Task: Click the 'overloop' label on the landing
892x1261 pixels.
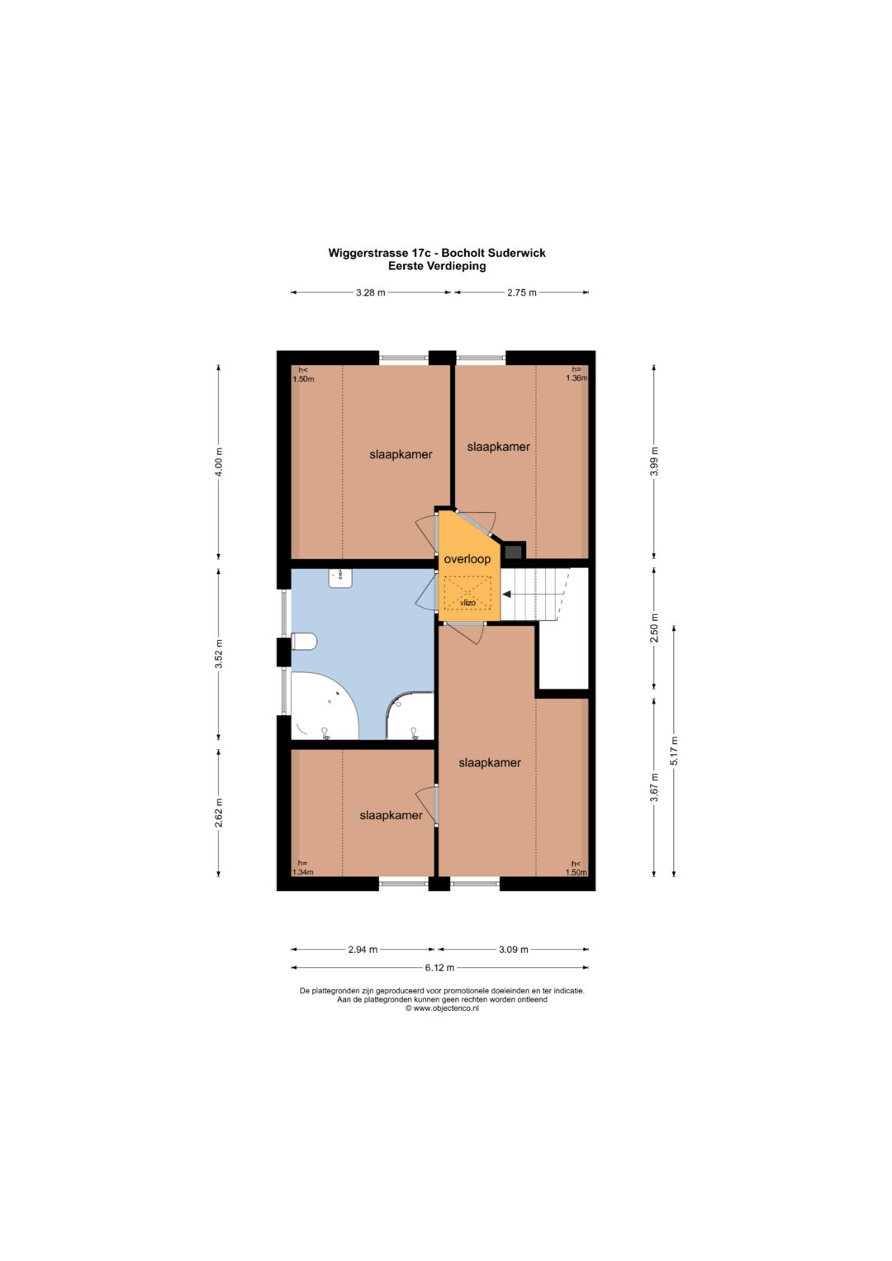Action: [467, 559]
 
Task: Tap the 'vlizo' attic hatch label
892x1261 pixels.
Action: [467, 603]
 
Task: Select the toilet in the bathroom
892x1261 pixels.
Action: [304, 642]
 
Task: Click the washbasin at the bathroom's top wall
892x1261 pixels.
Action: [340, 578]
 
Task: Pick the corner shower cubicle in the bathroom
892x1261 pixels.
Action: [410, 716]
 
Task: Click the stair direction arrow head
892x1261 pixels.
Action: [506, 594]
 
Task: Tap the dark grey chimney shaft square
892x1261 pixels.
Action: [514, 551]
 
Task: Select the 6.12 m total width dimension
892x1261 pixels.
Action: [439, 968]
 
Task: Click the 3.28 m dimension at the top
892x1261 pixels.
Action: [371, 292]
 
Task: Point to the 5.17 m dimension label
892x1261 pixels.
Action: [674, 751]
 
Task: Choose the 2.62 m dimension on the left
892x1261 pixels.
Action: [219, 813]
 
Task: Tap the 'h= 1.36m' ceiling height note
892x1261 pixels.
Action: [576, 374]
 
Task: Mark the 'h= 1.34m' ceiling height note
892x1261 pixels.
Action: [302, 867]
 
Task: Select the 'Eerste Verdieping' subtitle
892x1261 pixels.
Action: [437, 266]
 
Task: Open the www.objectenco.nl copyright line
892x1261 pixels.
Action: [442, 1008]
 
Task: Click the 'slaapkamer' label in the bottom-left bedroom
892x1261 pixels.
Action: [391, 815]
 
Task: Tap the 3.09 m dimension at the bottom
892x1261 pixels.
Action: [514, 950]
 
